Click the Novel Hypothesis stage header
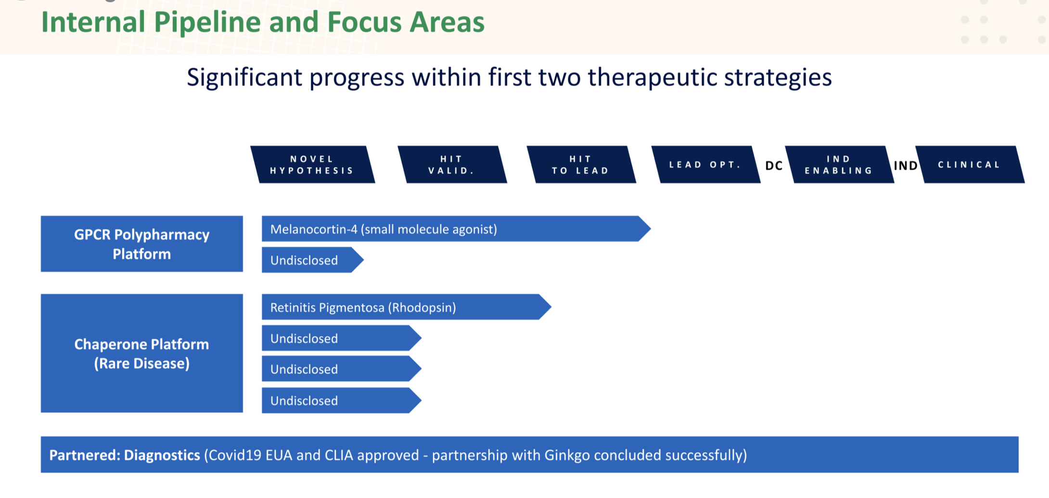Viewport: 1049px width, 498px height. [313, 164]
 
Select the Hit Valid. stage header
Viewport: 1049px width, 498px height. [452, 164]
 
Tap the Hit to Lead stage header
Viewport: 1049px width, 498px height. [581, 164]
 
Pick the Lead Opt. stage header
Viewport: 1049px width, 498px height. [706, 164]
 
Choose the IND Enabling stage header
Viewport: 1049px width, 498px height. [840, 164]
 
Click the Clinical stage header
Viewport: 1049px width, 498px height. [970, 164]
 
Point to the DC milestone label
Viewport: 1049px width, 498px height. [774, 166]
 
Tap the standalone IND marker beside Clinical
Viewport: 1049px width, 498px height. [906, 166]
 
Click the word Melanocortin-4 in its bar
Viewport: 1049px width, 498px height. [314, 229]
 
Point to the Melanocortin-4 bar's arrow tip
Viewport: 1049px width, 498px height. [651, 229]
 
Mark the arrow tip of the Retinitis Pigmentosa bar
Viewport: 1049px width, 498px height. [551, 307]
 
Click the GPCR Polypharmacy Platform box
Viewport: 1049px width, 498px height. [142, 244]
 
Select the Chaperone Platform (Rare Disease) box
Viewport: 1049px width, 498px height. [142, 353]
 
